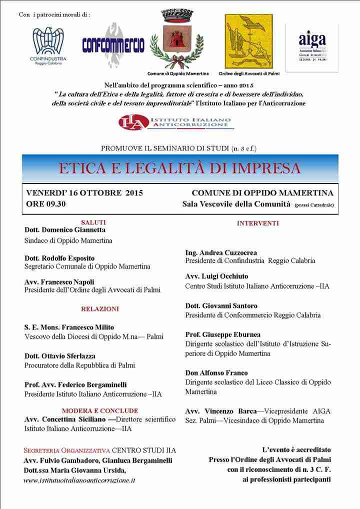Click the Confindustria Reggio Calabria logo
pos(48,45)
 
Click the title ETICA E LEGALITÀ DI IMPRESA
pos(179,167)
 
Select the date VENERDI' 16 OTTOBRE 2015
pos(85,192)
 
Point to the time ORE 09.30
pos(46,203)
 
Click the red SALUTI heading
pos(93,222)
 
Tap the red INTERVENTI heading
pos(257,223)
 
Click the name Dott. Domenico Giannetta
pos(65,230)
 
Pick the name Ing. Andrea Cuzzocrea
pos(221,252)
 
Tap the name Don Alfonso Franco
pos(216,373)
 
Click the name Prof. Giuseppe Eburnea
pos(222,334)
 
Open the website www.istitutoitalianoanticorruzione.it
pos(79,480)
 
